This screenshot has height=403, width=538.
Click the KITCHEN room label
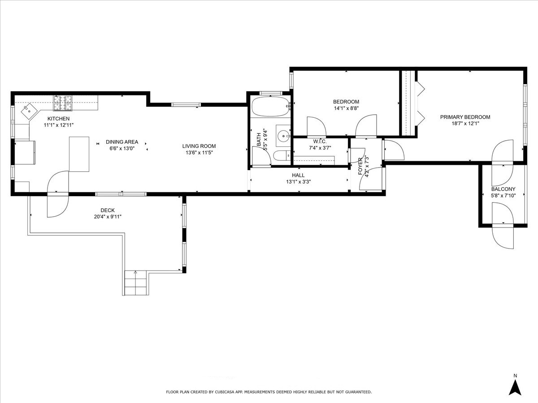(59, 119)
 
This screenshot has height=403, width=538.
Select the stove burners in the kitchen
(63, 103)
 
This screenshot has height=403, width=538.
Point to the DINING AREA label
(122, 142)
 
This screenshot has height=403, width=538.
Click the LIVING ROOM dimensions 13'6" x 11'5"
(199, 152)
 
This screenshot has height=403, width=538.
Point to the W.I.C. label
(320, 141)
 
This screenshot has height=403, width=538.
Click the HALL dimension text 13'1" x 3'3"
(298, 182)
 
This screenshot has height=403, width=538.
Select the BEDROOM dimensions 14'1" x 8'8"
(346, 108)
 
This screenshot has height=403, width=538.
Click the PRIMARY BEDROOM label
(465, 117)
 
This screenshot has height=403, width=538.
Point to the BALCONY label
(503, 189)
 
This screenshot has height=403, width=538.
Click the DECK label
(107, 210)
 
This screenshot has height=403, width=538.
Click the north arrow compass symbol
(516, 386)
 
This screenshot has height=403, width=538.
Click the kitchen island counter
(79, 154)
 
